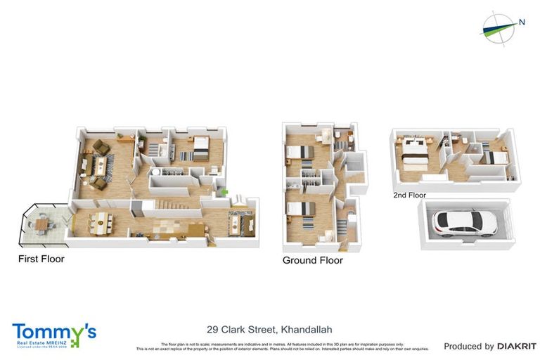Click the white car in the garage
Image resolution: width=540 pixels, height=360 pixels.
point(465,223)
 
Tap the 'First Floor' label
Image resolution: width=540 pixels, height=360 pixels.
point(41,259)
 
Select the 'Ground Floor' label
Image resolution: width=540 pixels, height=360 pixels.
point(312,260)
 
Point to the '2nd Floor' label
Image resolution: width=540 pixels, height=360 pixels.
point(410,195)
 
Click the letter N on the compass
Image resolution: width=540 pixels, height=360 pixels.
point(522,22)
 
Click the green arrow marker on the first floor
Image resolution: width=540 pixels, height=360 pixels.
point(224,191)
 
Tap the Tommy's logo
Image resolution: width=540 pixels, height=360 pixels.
point(53,334)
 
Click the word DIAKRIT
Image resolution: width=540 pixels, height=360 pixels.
point(517,346)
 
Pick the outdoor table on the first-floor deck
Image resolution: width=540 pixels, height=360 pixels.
point(42,224)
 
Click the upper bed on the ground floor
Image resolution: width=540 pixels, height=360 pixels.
point(300,153)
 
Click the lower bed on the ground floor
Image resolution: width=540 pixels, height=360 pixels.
point(300,209)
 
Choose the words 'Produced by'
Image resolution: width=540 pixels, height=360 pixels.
point(469,346)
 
